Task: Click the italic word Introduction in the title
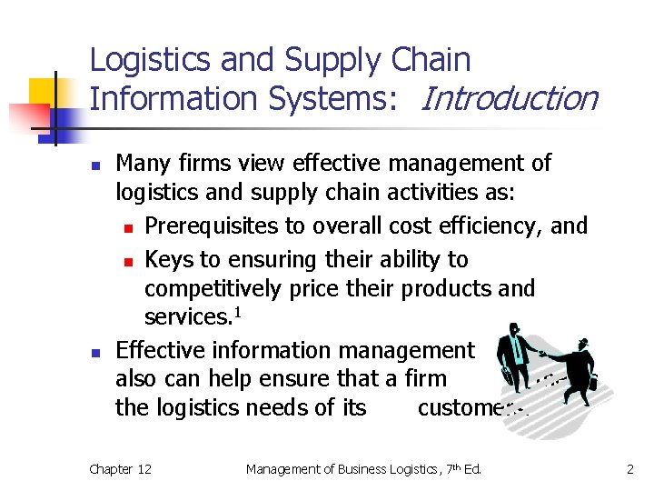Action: tap(509, 97)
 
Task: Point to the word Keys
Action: tap(169, 259)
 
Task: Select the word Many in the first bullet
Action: tap(141, 164)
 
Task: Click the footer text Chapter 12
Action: tap(120, 469)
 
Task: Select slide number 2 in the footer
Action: tap(628, 469)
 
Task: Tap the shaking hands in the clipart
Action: tap(543, 354)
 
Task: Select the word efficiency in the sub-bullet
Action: tap(507, 225)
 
